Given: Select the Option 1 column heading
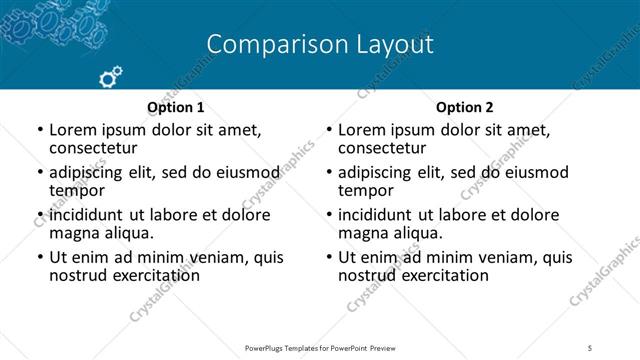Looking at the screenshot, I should point(176,107).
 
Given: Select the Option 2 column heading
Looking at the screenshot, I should point(465,107).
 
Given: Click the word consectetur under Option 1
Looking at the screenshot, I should point(91,148).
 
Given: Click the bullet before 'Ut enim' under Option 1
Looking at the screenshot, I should point(39,257).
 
